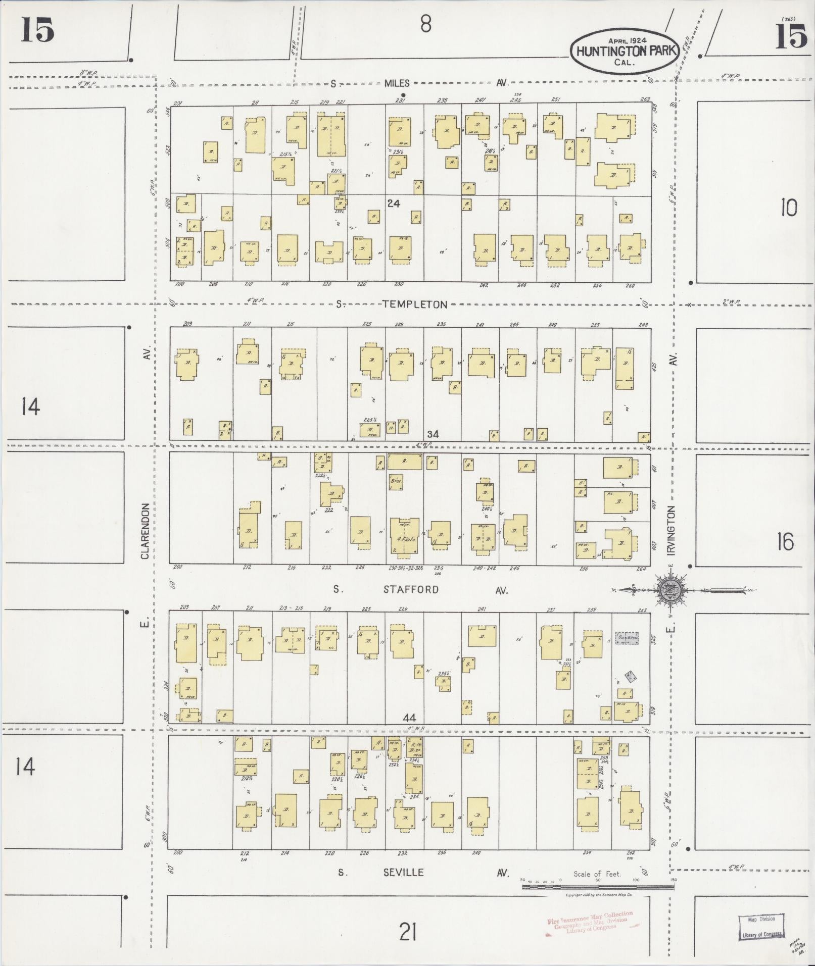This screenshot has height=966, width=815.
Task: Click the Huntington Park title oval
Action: coord(625,51)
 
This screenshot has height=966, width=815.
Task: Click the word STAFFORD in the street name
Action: coord(411,589)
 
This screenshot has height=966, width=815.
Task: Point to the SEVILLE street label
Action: coord(403,873)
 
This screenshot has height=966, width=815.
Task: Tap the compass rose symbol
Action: coord(670,589)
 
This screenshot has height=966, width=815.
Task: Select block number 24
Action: coord(393,204)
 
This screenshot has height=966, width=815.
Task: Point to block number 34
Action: coord(433,434)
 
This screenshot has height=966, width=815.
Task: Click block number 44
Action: coord(409,718)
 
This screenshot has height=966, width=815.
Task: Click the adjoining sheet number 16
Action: coord(785,542)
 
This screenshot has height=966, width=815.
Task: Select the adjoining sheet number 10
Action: coord(788,208)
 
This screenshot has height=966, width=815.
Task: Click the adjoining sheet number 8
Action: coord(425,24)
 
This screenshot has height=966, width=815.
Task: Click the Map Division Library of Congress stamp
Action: coord(761,927)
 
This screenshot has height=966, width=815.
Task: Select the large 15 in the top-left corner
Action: coord(37,30)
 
